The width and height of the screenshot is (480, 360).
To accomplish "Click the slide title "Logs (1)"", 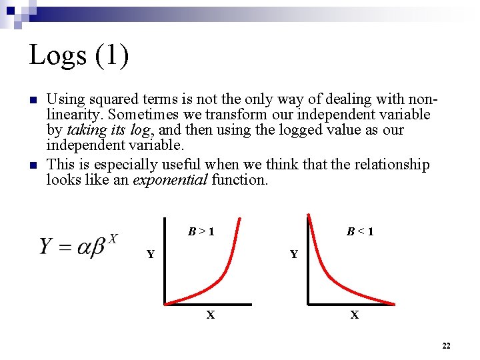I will pos(79,55).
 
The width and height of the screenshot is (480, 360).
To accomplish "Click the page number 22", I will pos(446,345).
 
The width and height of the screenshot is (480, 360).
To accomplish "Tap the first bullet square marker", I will pos(32,101).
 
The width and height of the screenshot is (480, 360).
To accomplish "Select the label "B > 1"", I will pos(201,232).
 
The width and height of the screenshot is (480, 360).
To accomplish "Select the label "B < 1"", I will pos(360,232).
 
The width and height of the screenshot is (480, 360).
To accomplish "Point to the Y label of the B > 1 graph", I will pos(151,254).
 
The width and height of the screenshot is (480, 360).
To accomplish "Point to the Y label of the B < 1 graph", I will pos(293,254).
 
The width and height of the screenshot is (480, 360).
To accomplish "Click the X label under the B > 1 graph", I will pos(211,315).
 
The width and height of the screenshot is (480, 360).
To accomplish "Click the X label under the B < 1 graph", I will pos(355,315).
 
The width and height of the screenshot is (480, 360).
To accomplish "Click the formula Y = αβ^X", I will pos(79,246).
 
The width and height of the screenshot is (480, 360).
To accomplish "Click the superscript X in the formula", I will pos(113,238).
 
